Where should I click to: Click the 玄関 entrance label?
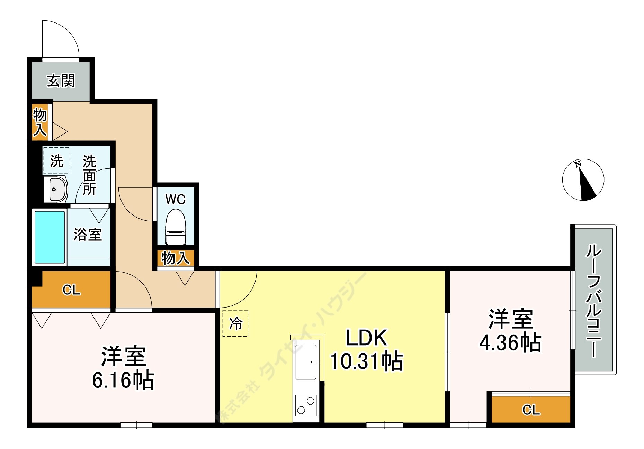(61, 81)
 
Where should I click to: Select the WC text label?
(175, 199)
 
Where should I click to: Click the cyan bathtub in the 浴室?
(50, 237)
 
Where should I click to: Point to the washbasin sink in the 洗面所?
(55, 189)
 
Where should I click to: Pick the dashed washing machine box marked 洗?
(57, 161)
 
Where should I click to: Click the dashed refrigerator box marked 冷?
(236, 323)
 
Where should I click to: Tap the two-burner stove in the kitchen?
(306, 405)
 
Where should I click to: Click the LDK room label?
(367, 338)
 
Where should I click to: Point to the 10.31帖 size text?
(367, 361)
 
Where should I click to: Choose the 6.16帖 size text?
(123, 380)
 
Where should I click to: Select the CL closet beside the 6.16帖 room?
(71, 290)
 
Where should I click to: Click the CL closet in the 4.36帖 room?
(531, 410)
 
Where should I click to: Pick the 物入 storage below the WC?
(176, 258)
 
